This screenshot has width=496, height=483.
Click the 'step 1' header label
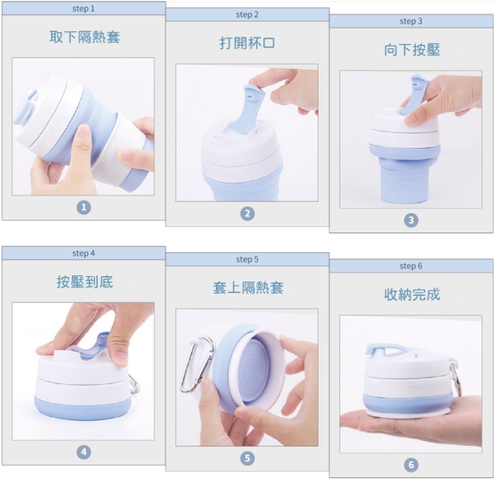[83, 9]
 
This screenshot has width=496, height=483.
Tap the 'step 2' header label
[247, 14]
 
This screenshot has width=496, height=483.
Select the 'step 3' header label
[411, 21]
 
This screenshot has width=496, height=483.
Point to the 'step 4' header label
[83, 254]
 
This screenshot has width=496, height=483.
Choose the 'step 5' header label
[247, 259]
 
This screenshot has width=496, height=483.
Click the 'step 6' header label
[411, 266]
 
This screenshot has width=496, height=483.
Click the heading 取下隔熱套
[85, 37]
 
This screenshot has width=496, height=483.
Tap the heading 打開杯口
[247, 43]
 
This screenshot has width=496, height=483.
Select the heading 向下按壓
[412, 50]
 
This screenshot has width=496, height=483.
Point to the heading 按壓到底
[85, 282]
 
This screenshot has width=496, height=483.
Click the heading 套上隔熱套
[248, 288]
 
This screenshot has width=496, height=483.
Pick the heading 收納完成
[412, 294]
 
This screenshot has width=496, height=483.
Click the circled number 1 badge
[83, 208]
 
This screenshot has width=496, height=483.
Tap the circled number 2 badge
[247, 214]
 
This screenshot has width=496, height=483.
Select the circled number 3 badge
[411, 220]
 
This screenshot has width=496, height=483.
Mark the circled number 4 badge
[83, 452]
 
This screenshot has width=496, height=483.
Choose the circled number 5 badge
[247, 459]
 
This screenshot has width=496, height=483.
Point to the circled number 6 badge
[411, 465]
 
